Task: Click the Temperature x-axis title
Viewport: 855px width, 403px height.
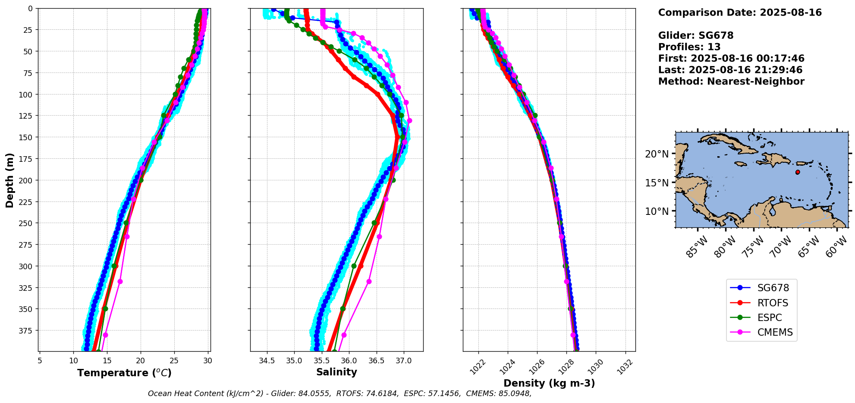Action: pos(124,373)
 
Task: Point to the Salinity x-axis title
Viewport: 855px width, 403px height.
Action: pos(336,372)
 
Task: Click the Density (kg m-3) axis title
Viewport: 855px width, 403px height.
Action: pos(549,383)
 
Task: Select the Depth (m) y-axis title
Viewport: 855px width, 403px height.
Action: pos(9,180)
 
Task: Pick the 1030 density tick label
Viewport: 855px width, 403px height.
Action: pos(595,367)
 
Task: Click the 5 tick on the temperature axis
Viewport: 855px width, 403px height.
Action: pos(40,361)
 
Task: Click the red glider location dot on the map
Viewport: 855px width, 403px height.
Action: pos(798,172)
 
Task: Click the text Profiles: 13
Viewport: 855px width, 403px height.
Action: pos(689,47)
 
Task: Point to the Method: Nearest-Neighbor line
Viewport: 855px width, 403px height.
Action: pos(731,82)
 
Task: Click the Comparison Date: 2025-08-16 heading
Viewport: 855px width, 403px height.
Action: pos(740,13)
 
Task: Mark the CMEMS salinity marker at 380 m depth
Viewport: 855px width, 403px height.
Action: pos(344,335)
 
